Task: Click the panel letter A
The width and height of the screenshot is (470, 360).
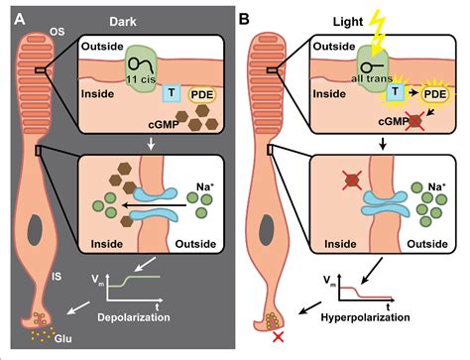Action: pyautogui.click(x=16, y=13)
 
